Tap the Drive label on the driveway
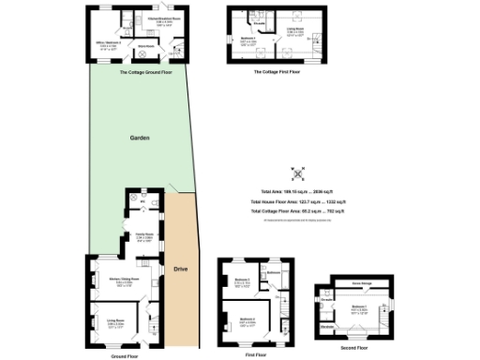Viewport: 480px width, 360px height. pos(180,269)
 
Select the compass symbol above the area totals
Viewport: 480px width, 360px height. pos(297,174)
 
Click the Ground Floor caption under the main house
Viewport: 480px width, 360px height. pos(125,356)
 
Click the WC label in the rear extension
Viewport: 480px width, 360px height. pos(142,201)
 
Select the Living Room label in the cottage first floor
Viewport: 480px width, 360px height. pos(293,29)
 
